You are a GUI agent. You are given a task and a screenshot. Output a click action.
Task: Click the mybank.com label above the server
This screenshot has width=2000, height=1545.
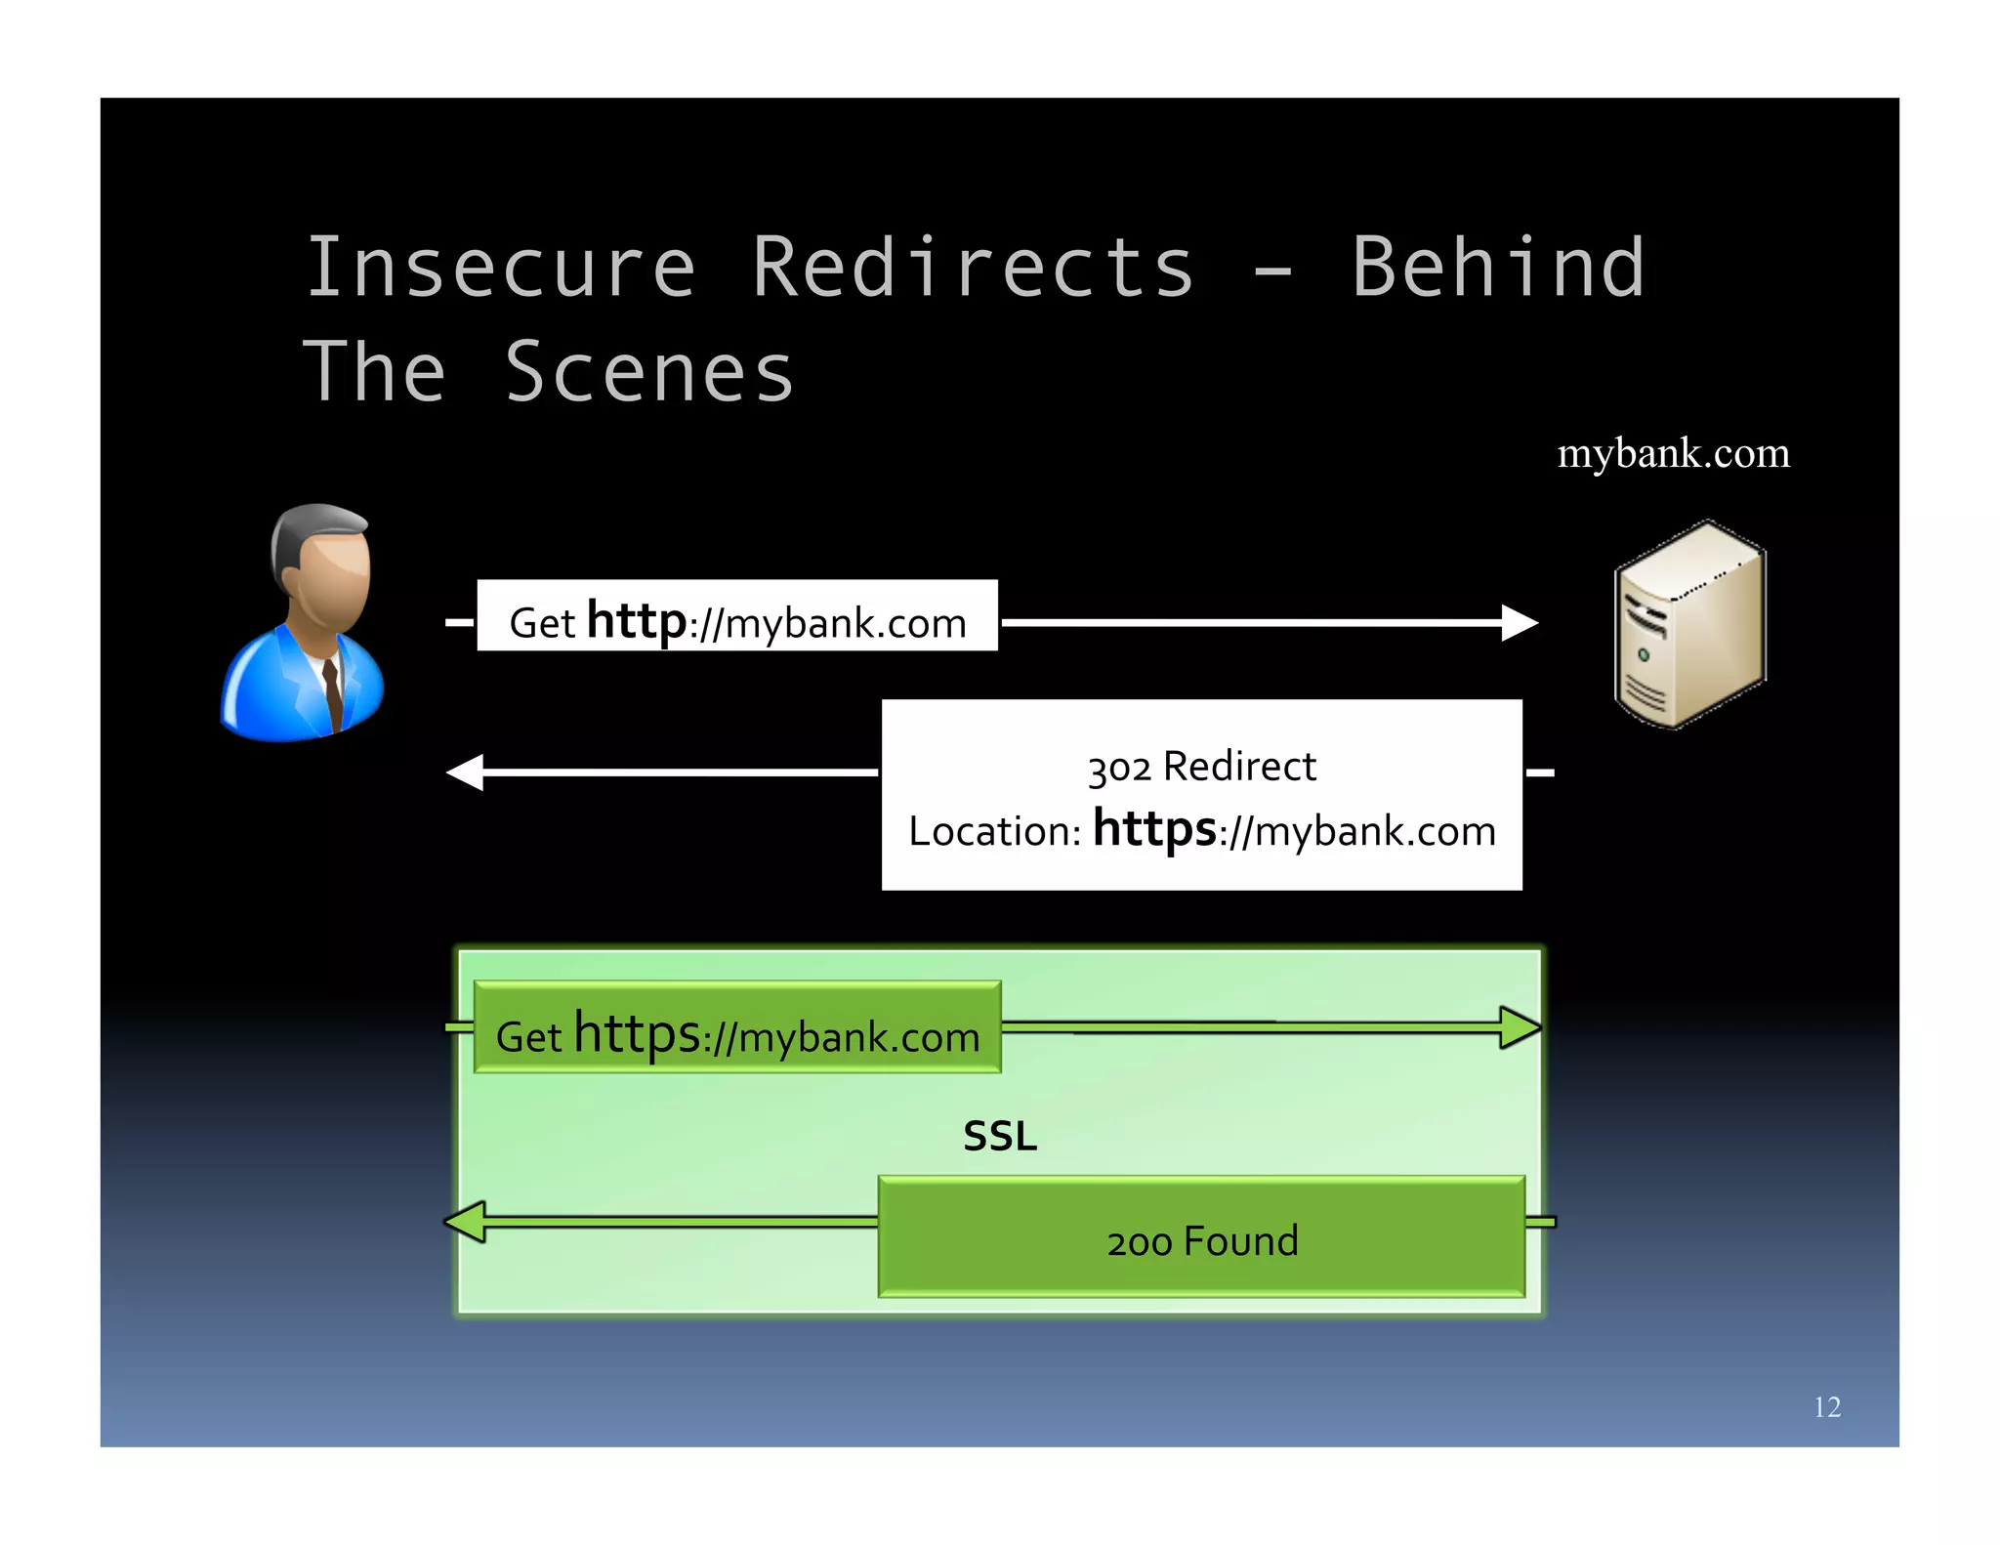1673,453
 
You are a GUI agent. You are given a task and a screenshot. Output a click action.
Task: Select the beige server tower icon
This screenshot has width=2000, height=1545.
1689,625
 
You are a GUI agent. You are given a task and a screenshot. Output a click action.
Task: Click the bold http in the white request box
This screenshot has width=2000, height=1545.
637,620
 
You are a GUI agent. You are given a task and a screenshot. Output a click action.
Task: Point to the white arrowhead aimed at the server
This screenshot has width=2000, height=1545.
1520,622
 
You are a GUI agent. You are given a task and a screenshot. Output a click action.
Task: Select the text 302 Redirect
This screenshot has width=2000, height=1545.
1201,767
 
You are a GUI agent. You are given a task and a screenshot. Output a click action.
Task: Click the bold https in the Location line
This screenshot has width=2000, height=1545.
1154,828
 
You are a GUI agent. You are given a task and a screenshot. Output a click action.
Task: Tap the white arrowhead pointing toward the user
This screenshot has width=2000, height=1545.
465,772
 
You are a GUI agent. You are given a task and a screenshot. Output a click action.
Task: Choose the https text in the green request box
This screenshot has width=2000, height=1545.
637,1032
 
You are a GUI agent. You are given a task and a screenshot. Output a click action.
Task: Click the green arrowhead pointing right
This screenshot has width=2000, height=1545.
1521,1027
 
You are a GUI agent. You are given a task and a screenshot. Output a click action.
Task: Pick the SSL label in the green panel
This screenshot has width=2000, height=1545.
1000,1136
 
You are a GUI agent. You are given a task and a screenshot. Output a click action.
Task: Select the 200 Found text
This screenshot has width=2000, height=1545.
1202,1241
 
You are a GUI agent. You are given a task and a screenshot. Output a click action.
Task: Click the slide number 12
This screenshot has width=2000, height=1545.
1826,1406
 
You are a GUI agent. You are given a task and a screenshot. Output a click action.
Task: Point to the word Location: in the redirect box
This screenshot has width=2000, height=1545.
994,832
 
